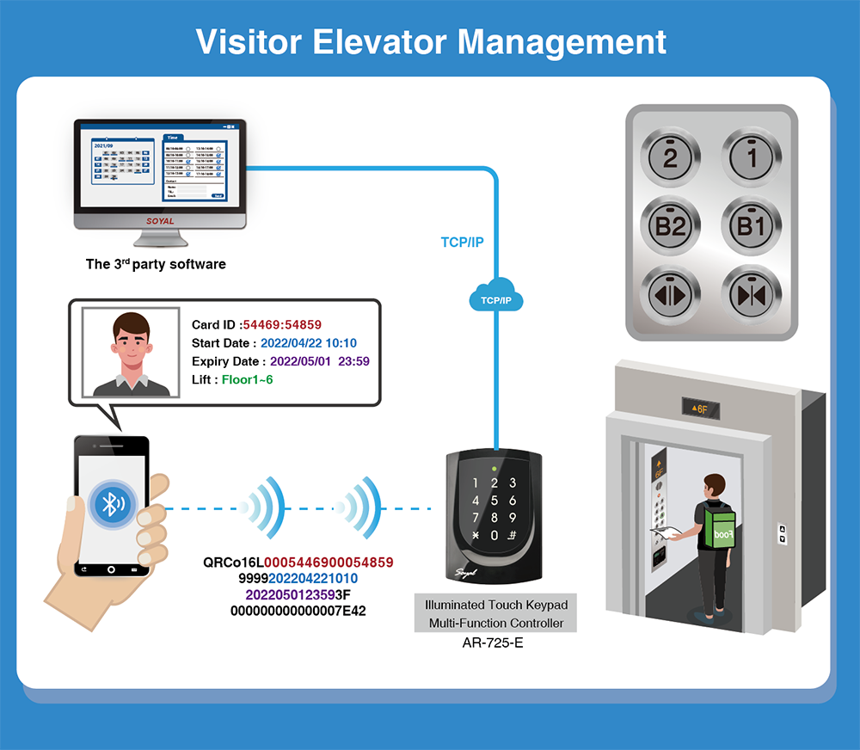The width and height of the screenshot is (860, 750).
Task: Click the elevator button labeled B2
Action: tap(671, 226)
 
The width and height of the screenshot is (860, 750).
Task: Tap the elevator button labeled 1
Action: tap(751, 157)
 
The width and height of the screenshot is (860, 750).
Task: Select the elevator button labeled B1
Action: tap(751, 226)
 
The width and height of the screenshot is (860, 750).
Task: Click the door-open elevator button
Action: tap(671, 294)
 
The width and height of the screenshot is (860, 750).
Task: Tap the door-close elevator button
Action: tap(751, 294)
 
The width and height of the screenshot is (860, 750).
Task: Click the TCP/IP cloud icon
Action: tap(497, 298)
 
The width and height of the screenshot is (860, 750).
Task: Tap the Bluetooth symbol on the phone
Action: tap(111, 504)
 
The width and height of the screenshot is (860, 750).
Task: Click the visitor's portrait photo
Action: tap(131, 353)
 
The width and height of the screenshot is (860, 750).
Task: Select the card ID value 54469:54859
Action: tap(282, 325)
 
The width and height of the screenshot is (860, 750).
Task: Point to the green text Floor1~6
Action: tap(249, 379)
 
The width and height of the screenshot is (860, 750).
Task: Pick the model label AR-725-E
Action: tap(492, 642)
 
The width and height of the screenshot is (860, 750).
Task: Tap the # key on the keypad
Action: tap(513, 535)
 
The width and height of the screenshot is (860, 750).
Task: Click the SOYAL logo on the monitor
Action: tap(160, 221)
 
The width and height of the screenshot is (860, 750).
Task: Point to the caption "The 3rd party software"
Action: tap(156, 264)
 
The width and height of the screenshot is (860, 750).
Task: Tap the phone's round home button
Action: tap(111, 569)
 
